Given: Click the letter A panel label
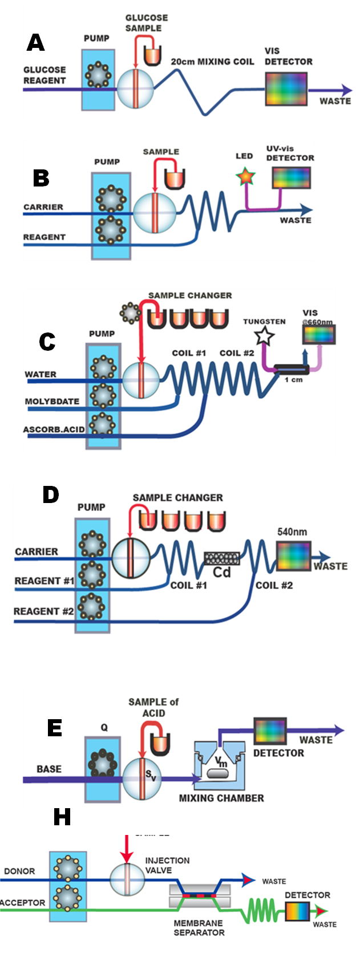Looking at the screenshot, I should tap(35, 43).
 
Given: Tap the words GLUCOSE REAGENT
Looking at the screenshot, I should tap(45, 75).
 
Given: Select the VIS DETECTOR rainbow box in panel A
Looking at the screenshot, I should tap(286, 89).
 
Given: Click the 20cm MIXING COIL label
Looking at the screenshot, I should tap(213, 62).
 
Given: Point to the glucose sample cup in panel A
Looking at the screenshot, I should tap(152, 55).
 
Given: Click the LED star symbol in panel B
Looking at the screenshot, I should tap(245, 177).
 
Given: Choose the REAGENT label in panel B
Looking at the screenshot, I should tap(44, 237).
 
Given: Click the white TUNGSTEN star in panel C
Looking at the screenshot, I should tap(264, 336).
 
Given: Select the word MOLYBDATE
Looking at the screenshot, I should tap(52, 402).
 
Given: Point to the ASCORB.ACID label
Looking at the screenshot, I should tap(53, 429).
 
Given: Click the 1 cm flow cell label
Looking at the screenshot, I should tap(294, 380).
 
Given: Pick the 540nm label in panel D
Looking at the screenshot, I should tap(292, 532).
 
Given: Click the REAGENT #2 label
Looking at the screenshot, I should tap(44, 611).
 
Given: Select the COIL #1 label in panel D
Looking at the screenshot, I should tap(188, 585).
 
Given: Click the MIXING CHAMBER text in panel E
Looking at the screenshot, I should tap(221, 798).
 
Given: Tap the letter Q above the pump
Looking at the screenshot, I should tap(104, 727).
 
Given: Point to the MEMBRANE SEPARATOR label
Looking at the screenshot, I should tap(199, 927).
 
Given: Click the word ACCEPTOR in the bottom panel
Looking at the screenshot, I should tap(23, 903).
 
